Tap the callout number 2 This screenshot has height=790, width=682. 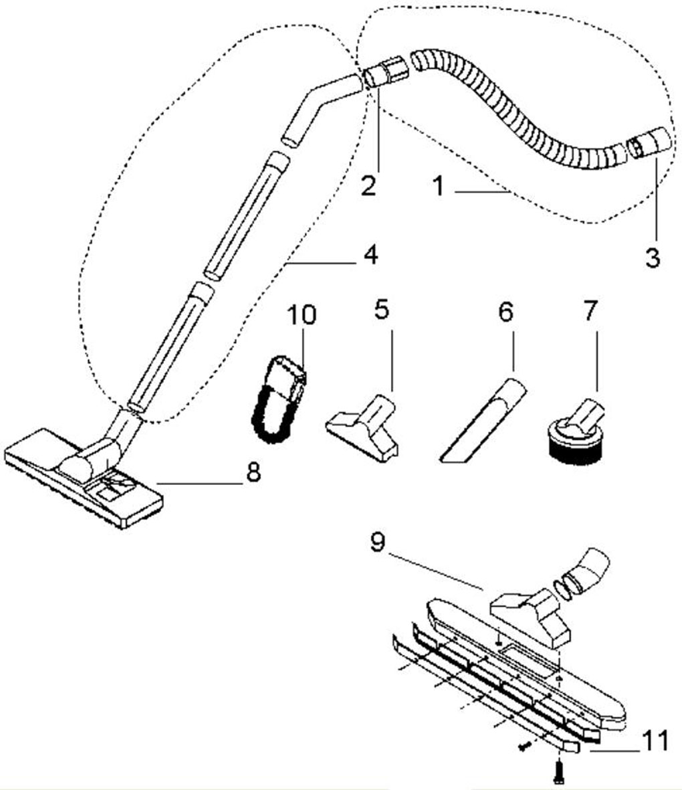[368, 185]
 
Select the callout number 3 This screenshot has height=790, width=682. [653, 258]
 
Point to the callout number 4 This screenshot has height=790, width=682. [370, 256]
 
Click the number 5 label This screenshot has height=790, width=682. [382, 310]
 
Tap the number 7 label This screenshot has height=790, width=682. [589, 310]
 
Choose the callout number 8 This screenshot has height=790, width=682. [252, 473]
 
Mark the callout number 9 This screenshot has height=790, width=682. [377, 542]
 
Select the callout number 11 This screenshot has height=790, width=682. [655, 742]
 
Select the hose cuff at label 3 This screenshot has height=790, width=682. [649, 142]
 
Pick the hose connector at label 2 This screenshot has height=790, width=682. [384, 72]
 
